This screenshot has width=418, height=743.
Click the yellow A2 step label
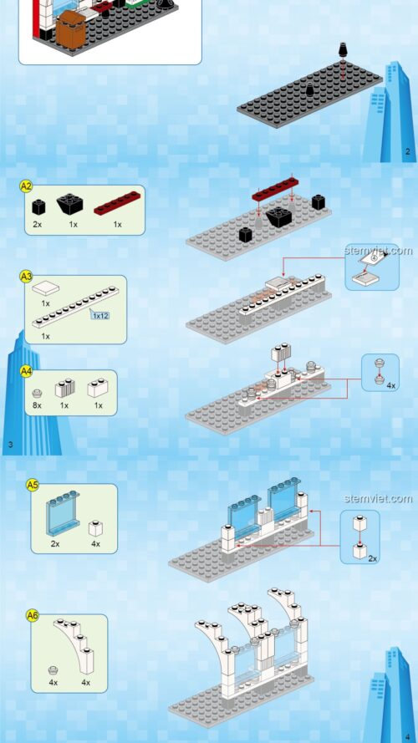(x=26, y=186)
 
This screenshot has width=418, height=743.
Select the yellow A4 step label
(x=26, y=370)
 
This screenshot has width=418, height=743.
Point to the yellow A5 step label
(x=33, y=484)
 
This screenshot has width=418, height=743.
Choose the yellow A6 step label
(x=33, y=615)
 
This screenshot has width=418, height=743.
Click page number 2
(x=407, y=151)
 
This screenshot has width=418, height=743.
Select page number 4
(x=407, y=735)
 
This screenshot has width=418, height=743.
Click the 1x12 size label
(x=100, y=316)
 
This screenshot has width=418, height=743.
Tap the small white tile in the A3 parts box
(x=46, y=288)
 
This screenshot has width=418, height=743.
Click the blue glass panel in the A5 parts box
(x=59, y=515)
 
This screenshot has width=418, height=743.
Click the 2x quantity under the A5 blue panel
(x=55, y=543)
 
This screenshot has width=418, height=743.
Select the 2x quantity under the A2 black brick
(x=38, y=224)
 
